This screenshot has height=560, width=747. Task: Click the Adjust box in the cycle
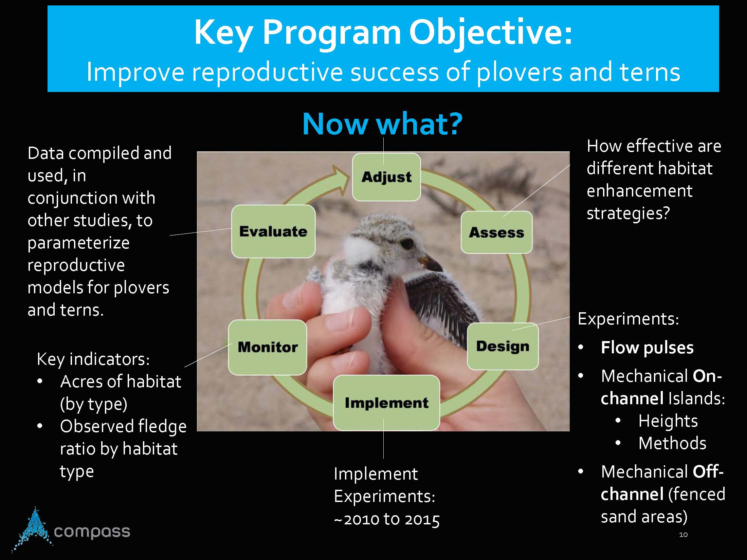click(386, 177)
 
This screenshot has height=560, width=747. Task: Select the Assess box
click(496, 232)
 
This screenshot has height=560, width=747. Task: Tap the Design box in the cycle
click(503, 346)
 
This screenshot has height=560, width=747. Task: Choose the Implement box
click(386, 403)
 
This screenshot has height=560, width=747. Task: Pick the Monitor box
click(268, 347)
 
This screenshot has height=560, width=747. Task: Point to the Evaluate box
click(273, 231)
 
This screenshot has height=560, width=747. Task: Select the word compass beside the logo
click(92, 532)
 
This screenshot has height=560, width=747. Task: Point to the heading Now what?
click(382, 124)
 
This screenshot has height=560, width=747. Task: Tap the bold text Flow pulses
click(647, 348)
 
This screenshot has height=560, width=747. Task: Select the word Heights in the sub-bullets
click(668, 421)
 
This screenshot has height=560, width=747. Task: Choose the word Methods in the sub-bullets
click(672, 443)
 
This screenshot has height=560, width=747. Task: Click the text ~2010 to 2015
click(387, 519)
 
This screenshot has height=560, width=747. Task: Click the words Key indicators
click(93, 359)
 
